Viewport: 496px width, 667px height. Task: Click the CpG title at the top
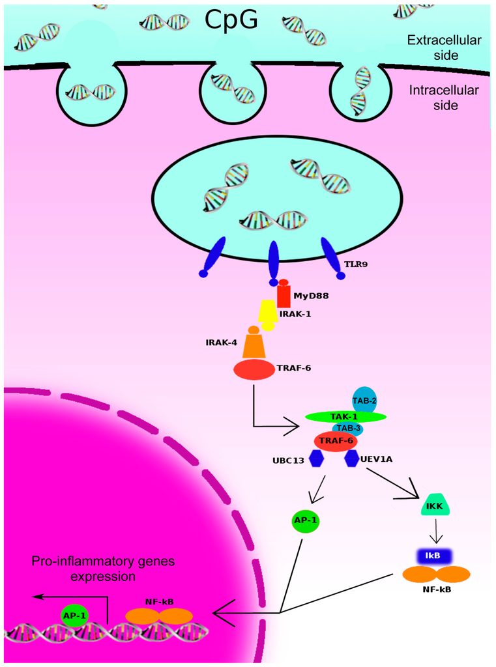(x=231, y=20)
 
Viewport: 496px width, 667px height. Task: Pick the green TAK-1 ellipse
(x=346, y=416)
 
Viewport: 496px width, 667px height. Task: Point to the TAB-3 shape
(x=347, y=429)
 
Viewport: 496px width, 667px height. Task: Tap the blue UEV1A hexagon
(x=352, y=459)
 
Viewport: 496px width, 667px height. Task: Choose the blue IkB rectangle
(x=435, y=555)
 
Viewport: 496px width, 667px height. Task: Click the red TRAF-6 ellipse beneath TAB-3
(x=336, y=441)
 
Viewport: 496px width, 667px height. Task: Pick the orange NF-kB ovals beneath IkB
(x=435, y=574)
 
